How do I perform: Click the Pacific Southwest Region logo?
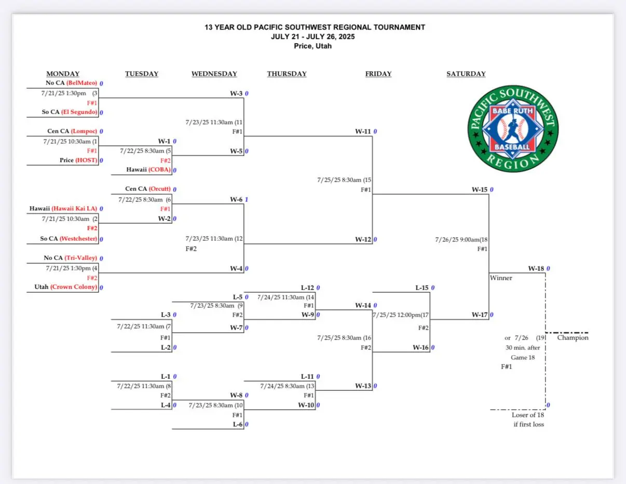(513, 128)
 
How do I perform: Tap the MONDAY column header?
(63, 74)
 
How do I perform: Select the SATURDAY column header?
(466, 74)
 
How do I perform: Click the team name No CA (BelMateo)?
(71, 83)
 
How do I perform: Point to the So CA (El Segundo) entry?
(70, 112)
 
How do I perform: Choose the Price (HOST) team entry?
(78, 160)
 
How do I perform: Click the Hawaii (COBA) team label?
(148, 169)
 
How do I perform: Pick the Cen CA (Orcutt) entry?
(148, 189)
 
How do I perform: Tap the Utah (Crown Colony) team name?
(66, 287)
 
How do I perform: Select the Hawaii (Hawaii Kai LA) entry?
(63, 208)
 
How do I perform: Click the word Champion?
(573, 338)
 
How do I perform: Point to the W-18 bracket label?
(536, 268)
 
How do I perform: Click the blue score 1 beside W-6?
(247, 199)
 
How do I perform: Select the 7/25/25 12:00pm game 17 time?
(401, 315)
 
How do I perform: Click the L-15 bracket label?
(422, 288)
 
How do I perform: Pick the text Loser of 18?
(528, 415)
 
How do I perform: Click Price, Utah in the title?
(312, 46)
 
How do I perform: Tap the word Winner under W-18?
(501, 278)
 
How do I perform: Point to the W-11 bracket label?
(363, 131)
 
